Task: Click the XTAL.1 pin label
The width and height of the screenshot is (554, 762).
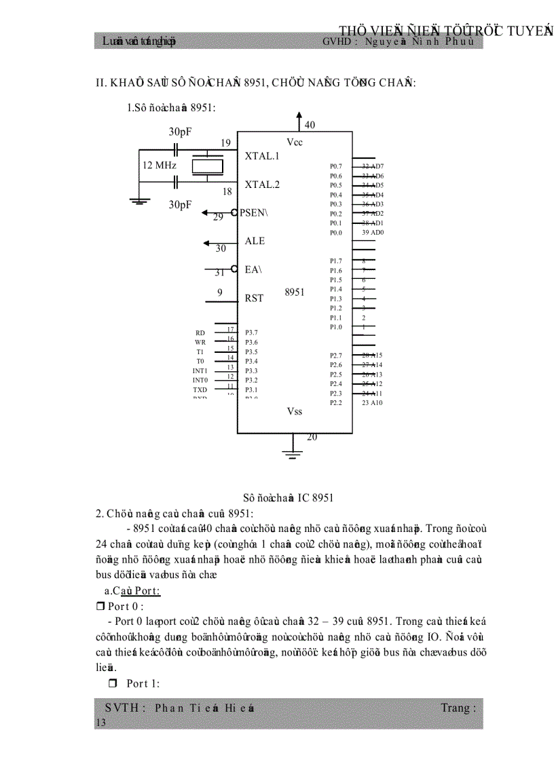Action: click(x=262, y=156)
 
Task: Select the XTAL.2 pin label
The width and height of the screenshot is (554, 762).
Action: click(x=262, y=185)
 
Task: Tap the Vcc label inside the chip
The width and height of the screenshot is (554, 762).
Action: click(x=294, y=142)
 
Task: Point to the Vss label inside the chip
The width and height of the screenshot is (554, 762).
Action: click(x=294, y=412)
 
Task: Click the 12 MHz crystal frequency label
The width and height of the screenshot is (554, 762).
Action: click(x=160, y=166)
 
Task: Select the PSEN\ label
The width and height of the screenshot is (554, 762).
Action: click(x=254, y=213)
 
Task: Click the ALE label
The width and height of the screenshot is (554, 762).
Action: click(x=255, y=242)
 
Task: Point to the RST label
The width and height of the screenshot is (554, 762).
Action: click(x=254, y=299)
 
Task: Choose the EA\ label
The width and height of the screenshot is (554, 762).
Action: click(x=253, y=270)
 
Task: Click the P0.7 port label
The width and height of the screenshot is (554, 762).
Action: click(x=335, y=166)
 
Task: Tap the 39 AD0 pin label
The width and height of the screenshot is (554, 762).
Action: click(x=373, y=233)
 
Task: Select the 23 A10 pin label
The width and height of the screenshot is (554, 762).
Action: click(x=372, y=403)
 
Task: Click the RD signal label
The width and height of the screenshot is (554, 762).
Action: click(x=200, y=333)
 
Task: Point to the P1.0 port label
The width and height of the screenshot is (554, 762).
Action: click(x=335, y=327)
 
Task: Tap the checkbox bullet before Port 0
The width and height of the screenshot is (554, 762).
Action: click(x=100, y=607)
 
